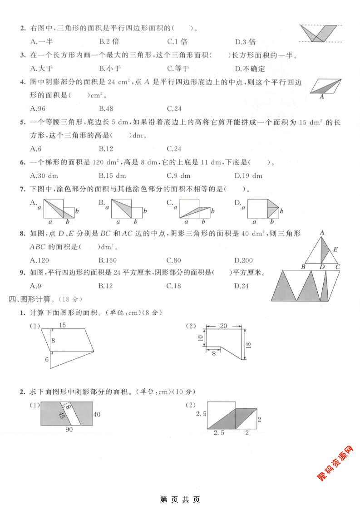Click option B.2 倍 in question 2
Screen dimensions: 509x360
pos(109,42)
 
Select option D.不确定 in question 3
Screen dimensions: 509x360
pos(249,69)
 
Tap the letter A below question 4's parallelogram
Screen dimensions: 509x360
pos(321,97)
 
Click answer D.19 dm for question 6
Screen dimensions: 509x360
pos(249,176)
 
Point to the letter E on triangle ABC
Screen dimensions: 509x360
pos(335,249)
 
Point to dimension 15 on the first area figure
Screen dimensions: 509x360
pos(63,325)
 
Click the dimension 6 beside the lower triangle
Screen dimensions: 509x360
pos(46,360)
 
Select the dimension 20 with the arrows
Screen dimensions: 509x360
pos(224,326)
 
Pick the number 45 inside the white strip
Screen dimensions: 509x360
pos(62,415)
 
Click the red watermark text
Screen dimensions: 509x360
pos(335,463)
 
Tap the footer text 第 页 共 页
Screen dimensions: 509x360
pos(180,499)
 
